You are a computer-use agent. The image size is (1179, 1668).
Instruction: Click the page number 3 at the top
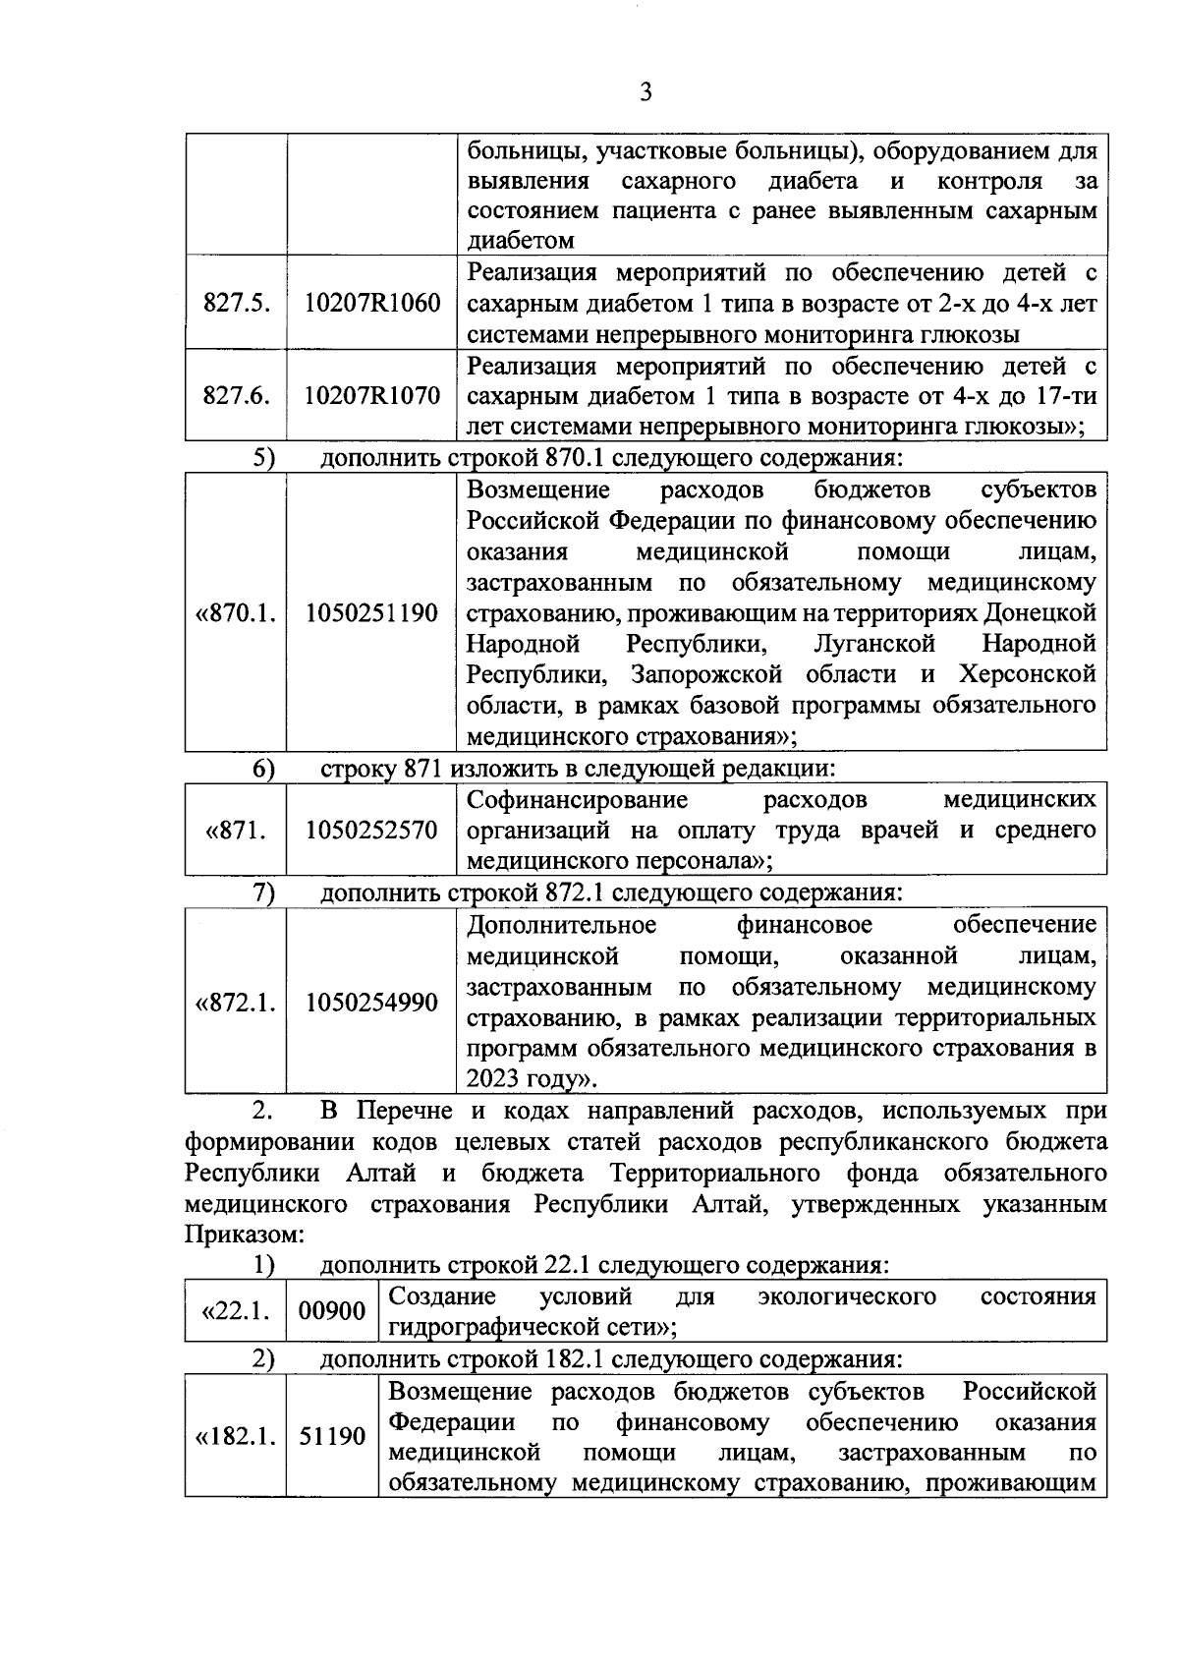(646, 92)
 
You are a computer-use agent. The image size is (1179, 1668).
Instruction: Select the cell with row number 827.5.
(236, 303)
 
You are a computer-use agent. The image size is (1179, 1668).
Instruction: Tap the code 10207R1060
(371, 303)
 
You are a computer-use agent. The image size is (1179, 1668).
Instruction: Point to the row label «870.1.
(236, 613)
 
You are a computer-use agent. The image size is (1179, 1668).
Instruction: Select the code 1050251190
(371, 613)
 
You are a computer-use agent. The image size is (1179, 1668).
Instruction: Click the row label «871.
(236, 830)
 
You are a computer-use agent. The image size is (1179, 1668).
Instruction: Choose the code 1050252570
(371, 830)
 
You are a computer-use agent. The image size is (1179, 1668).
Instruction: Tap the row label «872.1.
(236, 1003)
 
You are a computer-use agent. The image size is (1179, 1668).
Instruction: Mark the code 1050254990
(371, 1003)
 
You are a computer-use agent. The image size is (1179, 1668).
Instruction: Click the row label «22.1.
(236, 1311)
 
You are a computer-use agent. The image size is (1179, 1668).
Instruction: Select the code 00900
(332, 1311)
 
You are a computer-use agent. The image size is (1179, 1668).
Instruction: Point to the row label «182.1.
(236, 1436)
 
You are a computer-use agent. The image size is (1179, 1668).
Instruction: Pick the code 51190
(332, 1436)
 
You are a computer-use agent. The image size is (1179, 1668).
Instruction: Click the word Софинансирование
(578, 799)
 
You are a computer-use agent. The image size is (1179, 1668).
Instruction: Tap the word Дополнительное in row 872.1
(562, 925)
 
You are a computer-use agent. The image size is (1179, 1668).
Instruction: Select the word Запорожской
(706, 675)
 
